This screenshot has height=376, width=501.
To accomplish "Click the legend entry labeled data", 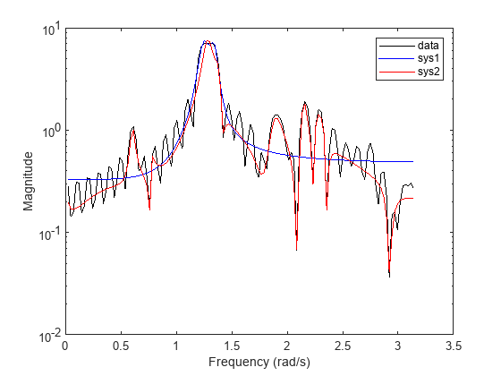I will click(429, 44).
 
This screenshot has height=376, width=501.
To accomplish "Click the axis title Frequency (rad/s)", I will click(259, 361).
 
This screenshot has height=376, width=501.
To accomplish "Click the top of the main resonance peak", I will click(208, 41).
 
